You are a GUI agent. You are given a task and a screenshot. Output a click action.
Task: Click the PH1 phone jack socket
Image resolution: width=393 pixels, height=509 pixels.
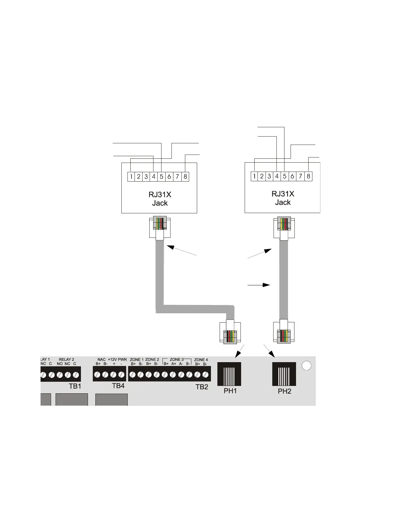point(229,374)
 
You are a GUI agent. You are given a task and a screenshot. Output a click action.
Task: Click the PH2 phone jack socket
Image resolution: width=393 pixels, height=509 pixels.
point(284,374)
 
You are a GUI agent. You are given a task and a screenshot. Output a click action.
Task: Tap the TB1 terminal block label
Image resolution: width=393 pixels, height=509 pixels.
point(75,386)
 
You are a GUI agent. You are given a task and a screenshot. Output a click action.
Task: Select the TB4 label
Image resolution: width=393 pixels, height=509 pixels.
point(118,386)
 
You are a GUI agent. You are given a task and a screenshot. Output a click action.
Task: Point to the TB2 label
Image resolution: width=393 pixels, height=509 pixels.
point(202,387)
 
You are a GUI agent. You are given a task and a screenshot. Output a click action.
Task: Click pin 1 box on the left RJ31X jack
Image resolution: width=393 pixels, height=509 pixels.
point(131,176)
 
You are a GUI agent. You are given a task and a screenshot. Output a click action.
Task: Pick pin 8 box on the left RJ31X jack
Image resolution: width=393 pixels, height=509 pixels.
point(185,176)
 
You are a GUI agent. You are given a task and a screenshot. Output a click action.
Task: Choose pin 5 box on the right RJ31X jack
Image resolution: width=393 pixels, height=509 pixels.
point(284,176)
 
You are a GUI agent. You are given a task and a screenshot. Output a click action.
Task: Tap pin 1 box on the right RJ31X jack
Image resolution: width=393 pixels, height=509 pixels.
point(254,176)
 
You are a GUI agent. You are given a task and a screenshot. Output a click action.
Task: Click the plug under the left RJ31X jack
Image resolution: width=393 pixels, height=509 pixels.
point(160,228)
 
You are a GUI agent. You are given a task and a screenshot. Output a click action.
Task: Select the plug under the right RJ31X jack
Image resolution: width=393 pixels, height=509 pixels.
point(284,228)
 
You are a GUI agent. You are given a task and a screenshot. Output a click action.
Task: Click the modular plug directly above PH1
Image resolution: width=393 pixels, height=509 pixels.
point(230,332)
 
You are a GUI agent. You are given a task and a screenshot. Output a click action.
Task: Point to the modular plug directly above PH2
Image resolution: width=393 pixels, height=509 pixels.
point(284,332)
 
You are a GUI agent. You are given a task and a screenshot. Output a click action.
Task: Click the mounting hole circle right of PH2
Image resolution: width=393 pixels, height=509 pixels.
point(307,366)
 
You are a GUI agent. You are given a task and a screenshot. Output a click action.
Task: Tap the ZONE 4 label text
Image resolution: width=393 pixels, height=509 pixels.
point(201,360)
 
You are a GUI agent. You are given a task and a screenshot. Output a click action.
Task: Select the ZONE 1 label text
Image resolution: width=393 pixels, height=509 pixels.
point(136,360)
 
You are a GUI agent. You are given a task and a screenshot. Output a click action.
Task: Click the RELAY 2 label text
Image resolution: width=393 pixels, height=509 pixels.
point(66,360)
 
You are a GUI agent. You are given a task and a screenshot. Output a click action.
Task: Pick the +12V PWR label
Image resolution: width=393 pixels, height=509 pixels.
point(117,360)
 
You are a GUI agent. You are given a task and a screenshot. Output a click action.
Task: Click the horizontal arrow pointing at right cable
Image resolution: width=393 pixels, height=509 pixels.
point(258,285)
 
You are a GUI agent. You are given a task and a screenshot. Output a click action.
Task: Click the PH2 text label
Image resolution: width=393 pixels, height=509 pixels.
point(284,391)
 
